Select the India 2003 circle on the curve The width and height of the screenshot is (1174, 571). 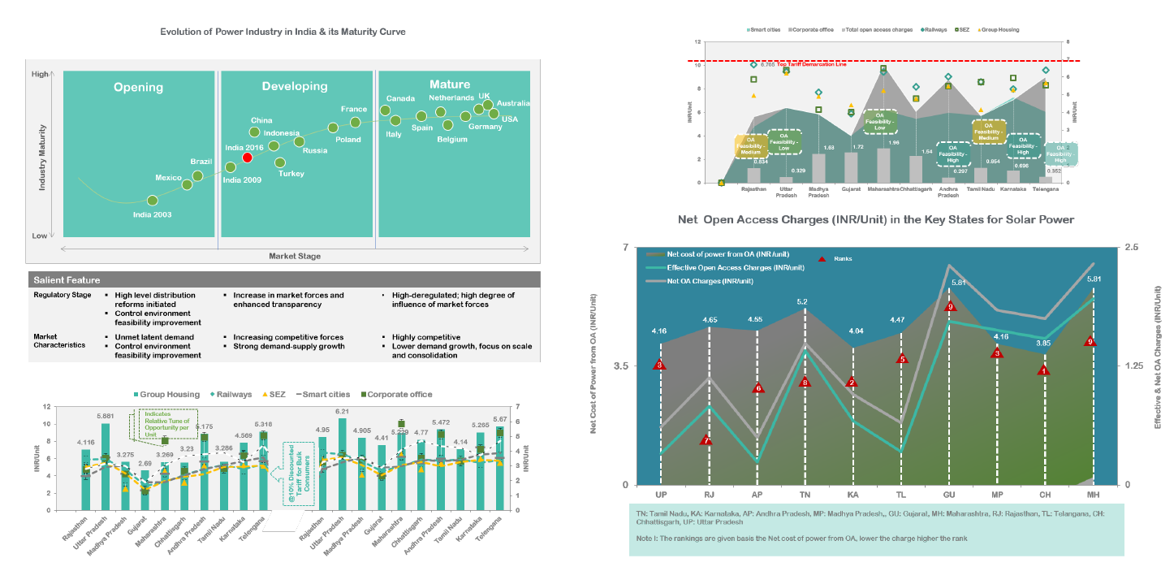click(153, 200)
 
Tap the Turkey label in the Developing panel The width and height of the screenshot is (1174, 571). click(291, 174)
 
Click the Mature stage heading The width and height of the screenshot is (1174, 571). click(450, 84)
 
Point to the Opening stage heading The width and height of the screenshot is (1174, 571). click(139, 87)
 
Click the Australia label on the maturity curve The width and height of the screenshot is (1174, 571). click(513, 103)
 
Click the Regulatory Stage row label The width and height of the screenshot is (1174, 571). click(63, 296)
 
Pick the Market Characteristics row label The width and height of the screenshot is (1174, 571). click(59, 341)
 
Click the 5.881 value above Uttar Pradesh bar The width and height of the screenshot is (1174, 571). click(106, 417)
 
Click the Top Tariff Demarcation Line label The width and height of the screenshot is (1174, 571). click(811, 64)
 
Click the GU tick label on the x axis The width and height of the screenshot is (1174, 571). click(949, 494)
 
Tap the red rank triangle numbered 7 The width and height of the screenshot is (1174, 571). click(706, 440)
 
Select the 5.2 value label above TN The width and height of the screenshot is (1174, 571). click(802, 302)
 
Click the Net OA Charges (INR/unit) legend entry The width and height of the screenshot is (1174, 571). click(709, 281)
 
